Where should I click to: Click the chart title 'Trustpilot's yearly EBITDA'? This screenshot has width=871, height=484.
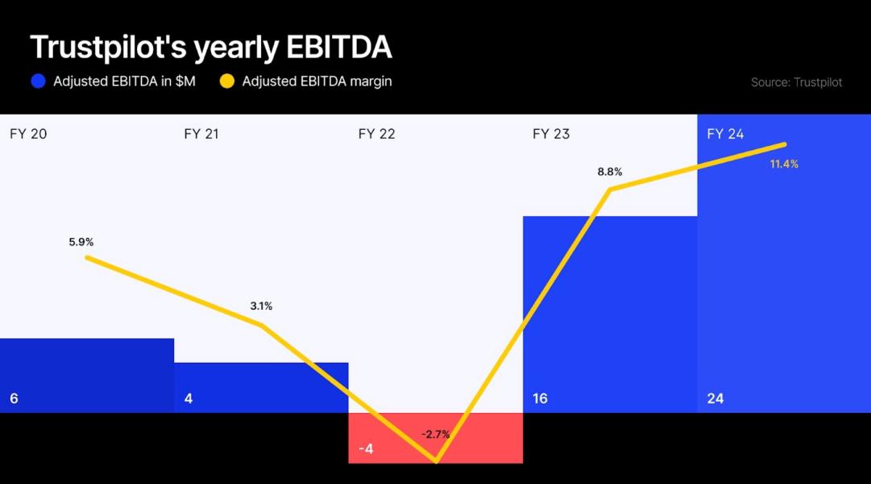point(211,48)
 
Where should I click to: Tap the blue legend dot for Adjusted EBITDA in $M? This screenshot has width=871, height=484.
point(37,81)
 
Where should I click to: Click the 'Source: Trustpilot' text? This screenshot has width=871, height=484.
point(796,82)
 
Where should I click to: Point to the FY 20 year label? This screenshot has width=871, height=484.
point(28,134)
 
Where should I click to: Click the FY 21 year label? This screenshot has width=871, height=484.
point(201,134)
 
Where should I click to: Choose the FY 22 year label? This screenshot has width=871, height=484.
point(376,134)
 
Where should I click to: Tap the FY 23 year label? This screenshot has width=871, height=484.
point(551,134)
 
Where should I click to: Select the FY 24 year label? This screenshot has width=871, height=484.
point(725,134)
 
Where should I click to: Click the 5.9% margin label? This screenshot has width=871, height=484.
point(81,242)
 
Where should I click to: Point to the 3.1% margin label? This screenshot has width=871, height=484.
point(261,306)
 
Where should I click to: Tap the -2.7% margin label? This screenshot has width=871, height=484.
point(435,435)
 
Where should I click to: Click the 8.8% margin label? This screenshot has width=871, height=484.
point(609,172)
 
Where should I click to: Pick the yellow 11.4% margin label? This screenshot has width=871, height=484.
point(784,164)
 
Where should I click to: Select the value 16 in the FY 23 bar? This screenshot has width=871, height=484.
point(540,398)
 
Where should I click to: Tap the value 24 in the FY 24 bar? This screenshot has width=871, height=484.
point(715,398)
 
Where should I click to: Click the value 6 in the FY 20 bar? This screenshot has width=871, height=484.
point(14,398)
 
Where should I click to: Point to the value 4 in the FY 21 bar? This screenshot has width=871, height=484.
point(188,398)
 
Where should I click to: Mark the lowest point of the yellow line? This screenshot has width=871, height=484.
point(436,461)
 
